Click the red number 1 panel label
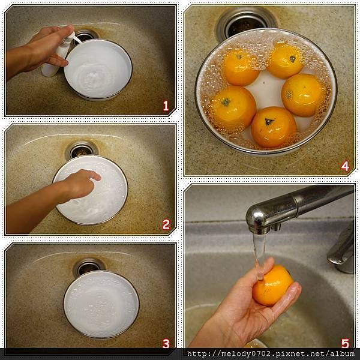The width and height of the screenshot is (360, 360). tap(166, 106)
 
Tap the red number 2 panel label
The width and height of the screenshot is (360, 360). tap(166, 225)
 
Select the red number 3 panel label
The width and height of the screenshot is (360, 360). tap(166, 344)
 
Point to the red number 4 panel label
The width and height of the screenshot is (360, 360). tap(345, 166)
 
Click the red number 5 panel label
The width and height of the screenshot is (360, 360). tap(345, 344)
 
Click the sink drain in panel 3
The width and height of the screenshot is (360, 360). tap(89, 266)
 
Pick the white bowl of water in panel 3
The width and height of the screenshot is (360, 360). tap(101, 304)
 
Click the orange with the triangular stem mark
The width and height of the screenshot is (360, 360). tap(274, 127)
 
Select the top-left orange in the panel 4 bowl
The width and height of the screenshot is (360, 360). tap(241, 68)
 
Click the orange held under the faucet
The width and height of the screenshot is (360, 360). tap(273, 286)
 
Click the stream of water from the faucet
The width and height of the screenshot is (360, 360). tap(259, 255)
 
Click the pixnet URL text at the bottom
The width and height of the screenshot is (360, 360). tap(271, 353)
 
